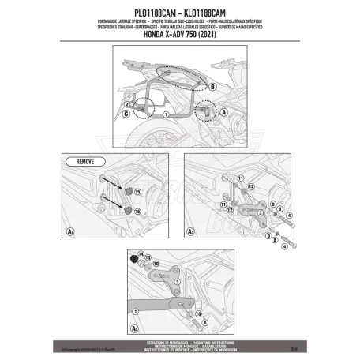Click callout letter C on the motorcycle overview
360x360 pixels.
coord(127,114)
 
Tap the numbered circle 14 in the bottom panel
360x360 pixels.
coord(141,253)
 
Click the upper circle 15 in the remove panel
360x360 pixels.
coord(137,192)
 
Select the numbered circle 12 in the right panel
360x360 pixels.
coord(230,186)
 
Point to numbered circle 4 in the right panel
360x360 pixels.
coord(290,213)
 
